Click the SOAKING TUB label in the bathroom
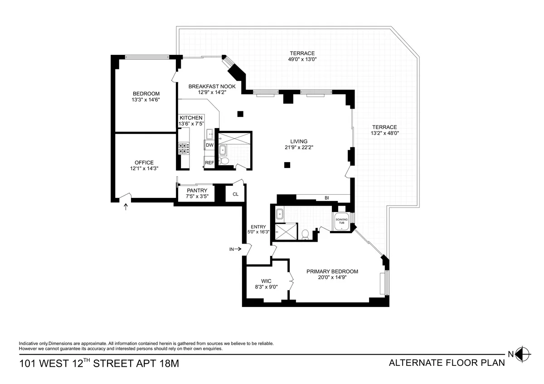340,221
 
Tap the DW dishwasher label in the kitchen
209,145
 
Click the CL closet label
235,194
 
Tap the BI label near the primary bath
326,198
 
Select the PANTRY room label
197,191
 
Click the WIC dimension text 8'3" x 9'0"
266,287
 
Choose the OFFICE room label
144,163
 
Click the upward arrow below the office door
126,207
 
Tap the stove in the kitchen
184,149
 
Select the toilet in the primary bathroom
305,234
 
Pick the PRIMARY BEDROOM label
332,272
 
